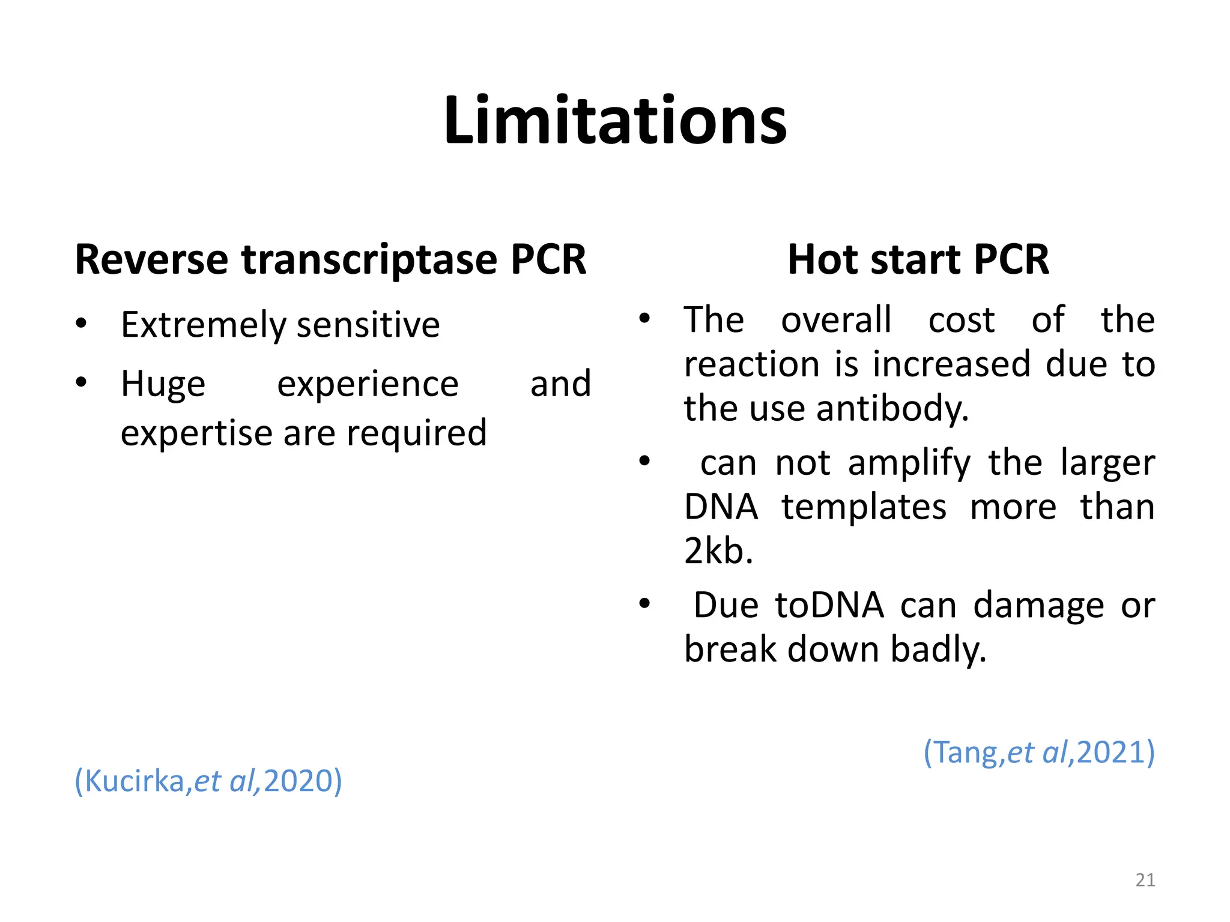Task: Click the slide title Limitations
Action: click(615, 121)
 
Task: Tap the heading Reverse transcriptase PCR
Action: click(330, 260)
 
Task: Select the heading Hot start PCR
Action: click(918, 260)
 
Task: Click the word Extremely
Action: click(204, 325)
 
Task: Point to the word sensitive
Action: click(368, 325)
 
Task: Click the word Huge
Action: click(163, 384)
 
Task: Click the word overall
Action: click(836, 319)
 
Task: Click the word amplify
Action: click(909, 463)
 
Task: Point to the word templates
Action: click(864, 507)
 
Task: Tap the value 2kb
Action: click(718, 550)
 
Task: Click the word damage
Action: click(1038, 605)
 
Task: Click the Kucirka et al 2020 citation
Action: click(208, 781)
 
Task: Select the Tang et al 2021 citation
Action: click(1039, 752)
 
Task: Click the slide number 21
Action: click(1145, 880)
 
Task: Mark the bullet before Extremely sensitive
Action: click(82, 324)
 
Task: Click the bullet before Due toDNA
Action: click(644, 603)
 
